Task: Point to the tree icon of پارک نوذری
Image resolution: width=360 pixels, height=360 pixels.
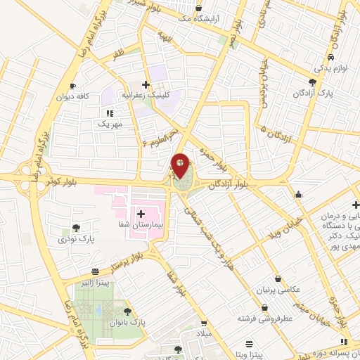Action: pyautogui.click(x=75, y=227)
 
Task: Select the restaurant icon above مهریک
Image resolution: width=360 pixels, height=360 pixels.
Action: pyautogui.click(x=109, y=112)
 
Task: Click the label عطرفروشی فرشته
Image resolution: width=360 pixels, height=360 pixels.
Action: pyautogui.click(x=264, y=319)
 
